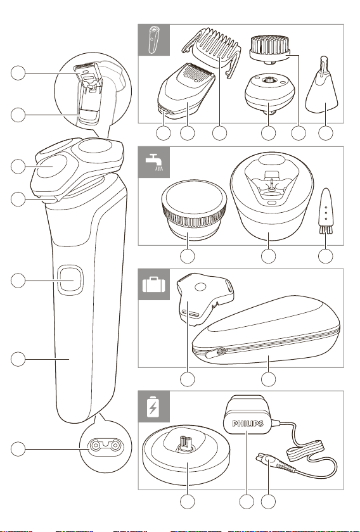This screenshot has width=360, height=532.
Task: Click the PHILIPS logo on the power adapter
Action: point(248,424)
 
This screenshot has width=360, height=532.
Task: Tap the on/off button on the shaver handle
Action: point(70,280)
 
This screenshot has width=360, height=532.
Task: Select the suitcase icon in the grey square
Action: point(154,284)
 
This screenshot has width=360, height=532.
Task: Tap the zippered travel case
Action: point(266,331)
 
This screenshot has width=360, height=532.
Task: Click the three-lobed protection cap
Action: point(203,298)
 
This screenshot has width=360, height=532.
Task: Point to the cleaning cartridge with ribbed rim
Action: point(194,210)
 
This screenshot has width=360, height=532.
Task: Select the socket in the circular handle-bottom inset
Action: point(106,445)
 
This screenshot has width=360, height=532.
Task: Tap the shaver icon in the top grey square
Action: point(153,39)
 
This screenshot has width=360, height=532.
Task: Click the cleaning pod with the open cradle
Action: point(271,196)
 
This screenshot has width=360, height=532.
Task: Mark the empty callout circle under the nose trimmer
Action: point(326,134)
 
